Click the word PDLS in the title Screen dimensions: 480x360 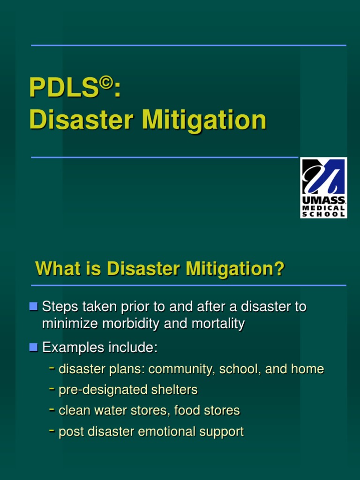pos(63,88)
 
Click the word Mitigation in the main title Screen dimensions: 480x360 pos(204,120)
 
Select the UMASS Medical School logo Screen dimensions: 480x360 pos(323,187)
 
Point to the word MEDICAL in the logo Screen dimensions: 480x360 pos(323,208)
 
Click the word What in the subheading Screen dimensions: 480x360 pos(55,269)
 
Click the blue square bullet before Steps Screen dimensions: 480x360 pos(33,307)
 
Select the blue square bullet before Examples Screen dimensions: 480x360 pos(33,347)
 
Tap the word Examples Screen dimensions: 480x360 pos(74,348)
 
